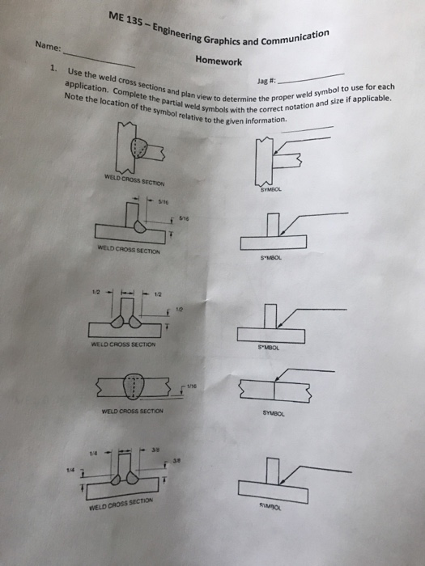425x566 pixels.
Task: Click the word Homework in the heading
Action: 219,61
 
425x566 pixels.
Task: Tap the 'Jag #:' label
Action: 266,81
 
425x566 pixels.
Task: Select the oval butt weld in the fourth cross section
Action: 133,388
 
